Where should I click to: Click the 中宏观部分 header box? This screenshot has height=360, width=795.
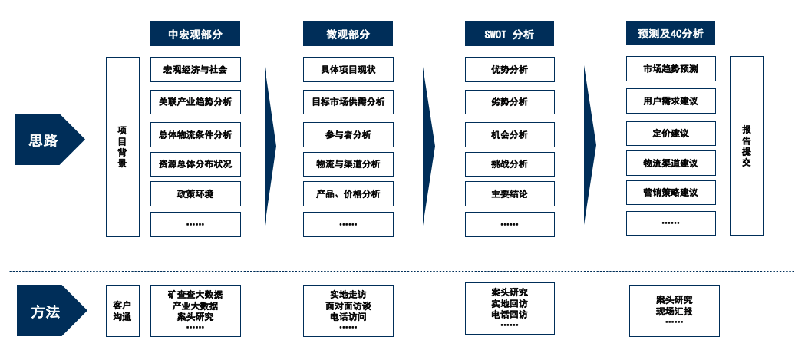point(195,34)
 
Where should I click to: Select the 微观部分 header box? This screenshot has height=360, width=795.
point(348,34)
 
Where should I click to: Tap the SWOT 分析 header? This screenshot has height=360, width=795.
point(509,34)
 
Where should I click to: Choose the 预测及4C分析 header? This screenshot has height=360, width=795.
point(671,34)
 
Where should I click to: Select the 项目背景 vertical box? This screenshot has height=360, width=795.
point(123,147)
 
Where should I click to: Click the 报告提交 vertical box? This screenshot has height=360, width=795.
point(746,145)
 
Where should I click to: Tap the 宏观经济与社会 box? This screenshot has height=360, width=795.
point(195,70)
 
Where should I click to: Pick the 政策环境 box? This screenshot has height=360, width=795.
point(195,193)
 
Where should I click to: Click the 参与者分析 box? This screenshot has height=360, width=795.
point(348,134)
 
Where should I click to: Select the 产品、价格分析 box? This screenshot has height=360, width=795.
point(348,193)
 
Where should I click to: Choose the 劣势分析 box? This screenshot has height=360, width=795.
point(509,102)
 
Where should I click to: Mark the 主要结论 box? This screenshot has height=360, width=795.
point(509,193)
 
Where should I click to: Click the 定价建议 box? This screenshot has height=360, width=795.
point(671,133)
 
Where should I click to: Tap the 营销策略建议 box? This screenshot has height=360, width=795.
point(671,192)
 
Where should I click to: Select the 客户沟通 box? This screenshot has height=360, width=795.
point(123,310)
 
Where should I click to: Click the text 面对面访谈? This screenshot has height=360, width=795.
point(348,305)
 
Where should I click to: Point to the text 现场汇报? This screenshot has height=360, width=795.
point(674,312)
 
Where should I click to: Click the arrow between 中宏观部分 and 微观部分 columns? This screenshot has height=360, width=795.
point(270,146)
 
